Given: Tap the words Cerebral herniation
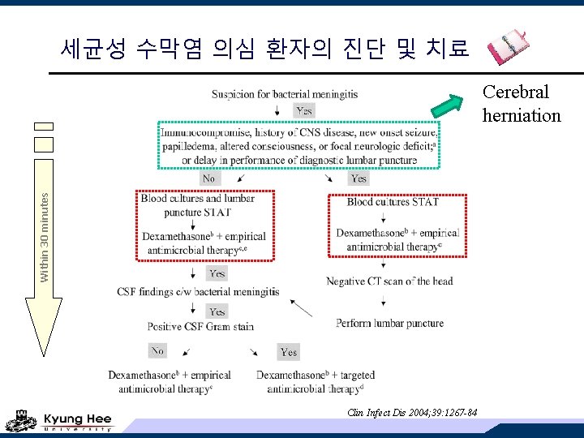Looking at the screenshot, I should pyautogui.click(x=521, y=104).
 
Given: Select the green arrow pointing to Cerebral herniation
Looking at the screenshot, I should pyautogui.click(x=446, y=105).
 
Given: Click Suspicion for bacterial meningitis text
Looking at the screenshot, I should pyautogui.click(x=285, y=94).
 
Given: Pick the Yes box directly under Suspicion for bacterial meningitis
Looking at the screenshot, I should pyautogui.click(x=304, y=110).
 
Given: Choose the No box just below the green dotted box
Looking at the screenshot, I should pyautogui.click(x=209, y=178).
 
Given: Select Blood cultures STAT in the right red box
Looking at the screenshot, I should pyautogui.click(x=393, y=201).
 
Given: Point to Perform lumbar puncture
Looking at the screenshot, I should pyautogui.click(x=389, y=323).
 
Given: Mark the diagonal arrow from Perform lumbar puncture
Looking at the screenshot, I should pyautogui.click(x=301, y=308).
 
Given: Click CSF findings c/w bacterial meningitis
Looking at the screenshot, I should pyautogui.click(x=198, y=291).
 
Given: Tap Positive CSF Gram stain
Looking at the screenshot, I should pyautogui.click(x=200, y=327).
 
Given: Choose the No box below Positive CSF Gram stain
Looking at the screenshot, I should pyautogui.click(x=157, y=350).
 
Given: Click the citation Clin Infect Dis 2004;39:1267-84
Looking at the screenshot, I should pyautogui.click(x=411, y=413).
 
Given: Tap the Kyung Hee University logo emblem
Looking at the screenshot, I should pyautogui.click(x=20, y=423).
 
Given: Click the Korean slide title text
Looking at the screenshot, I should pyautogui.click(x=264, y=49).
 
